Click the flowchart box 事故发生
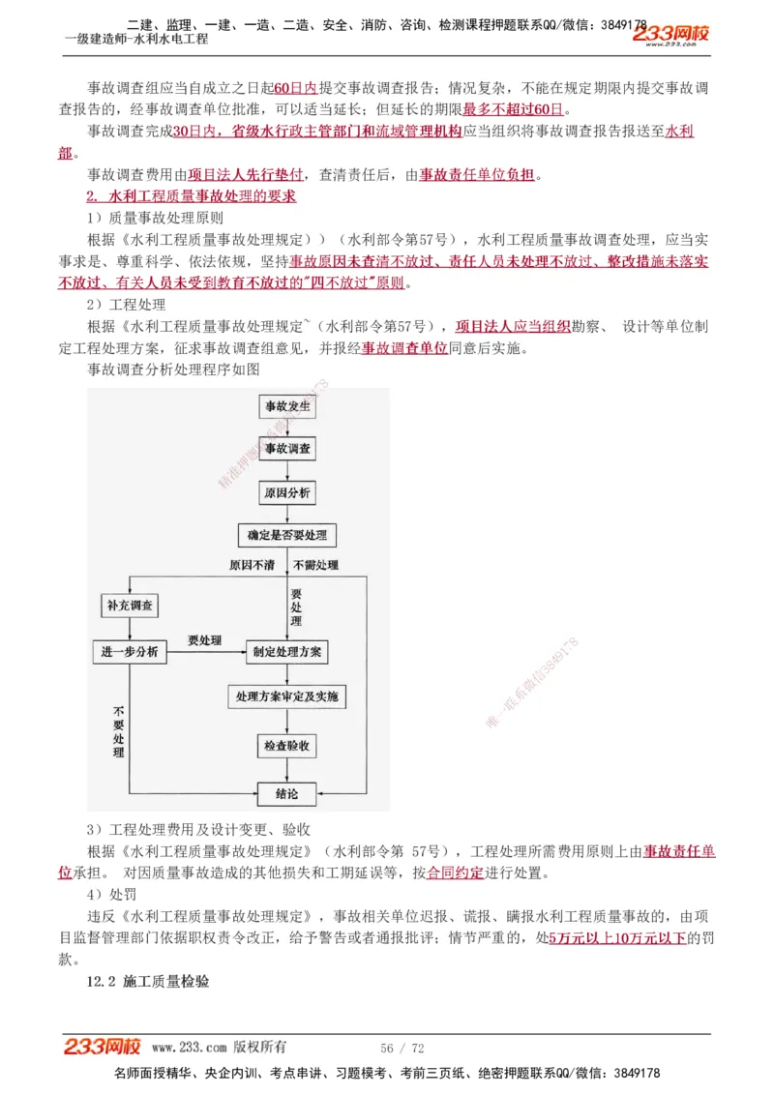pos(287,406)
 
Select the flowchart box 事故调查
pos(287,450)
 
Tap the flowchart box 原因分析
pos(287,493)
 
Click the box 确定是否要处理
pos(287,535)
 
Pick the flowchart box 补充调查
pos(130,606)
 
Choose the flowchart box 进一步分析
pos(130,652)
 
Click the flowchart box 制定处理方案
pos(287,652)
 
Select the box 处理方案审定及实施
pos(287,696)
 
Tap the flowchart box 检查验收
pos(287,746)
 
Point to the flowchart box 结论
pos(287,794)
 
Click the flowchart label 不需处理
pos(315,564)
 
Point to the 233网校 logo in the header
pos(670,35)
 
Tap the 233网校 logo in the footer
pos(103,1046)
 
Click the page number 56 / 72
pos(402,1048)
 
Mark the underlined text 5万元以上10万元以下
pos(617,937)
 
